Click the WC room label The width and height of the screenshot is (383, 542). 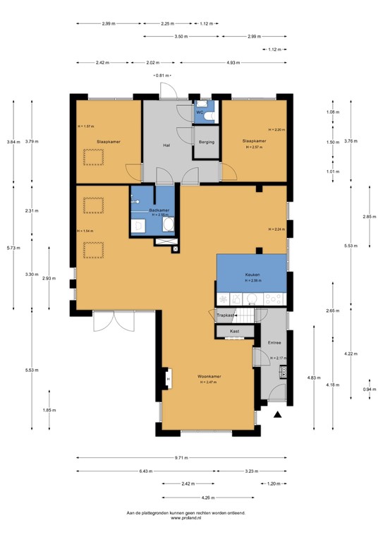pos(200,112)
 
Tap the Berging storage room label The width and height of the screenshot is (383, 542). pos(206,141)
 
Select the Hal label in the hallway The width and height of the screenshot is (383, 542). pos(166,145)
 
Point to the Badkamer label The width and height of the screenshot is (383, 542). pos(159,210)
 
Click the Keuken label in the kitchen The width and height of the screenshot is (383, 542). pos(253,275)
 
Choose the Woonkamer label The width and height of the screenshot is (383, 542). pos(209,376)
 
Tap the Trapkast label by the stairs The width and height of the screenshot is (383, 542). pos(225,315)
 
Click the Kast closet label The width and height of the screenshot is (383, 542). pos(234,330)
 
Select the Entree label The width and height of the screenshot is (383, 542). pos(274,342)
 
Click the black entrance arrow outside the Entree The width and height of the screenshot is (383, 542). pos(279,415)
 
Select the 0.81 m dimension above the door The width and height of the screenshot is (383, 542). pos(165,75)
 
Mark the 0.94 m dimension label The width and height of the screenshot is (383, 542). pos(369,389)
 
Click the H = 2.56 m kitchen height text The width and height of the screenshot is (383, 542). pos(253,281)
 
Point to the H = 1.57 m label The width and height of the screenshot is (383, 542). pos(85,126)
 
